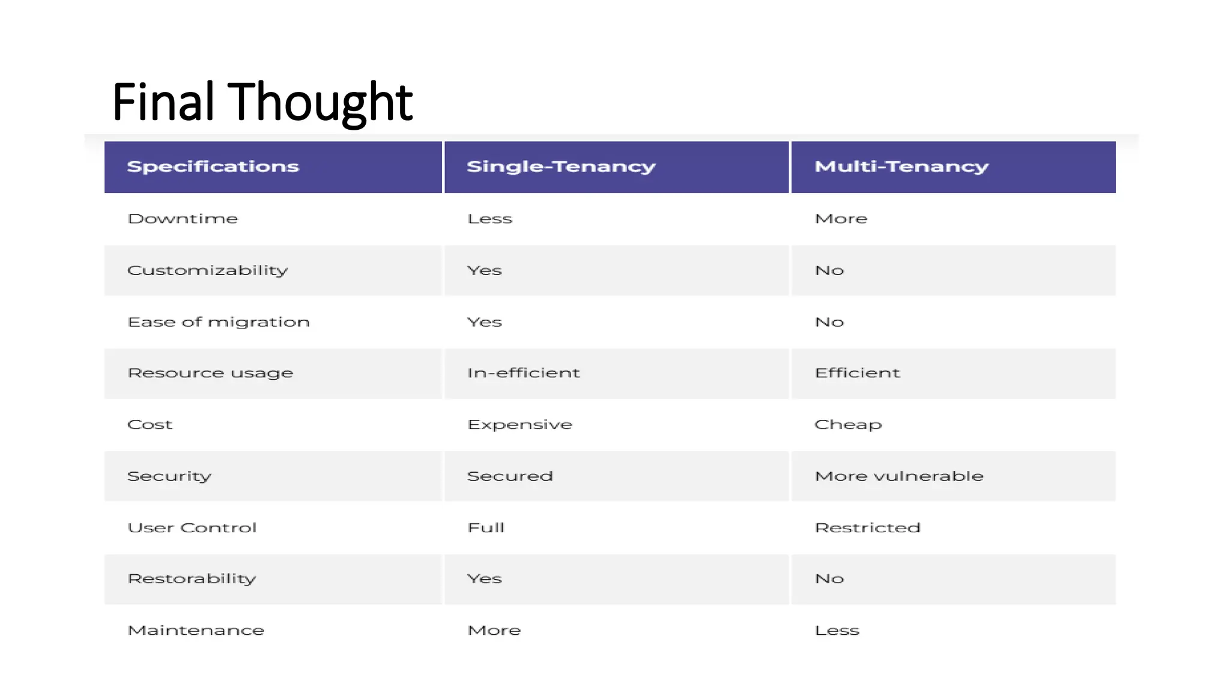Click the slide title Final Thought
pos(262,102)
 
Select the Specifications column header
pos(213,166)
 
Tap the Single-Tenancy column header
pos(561,166)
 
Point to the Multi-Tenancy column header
pos(901,166)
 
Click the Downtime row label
pos(183,219)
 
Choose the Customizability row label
pos(207,270)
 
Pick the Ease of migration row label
pos(219,322)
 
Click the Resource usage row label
pos(210,373)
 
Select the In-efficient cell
pos(524,373)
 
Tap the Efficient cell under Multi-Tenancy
pos(857,373)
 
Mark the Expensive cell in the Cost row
pos(520,425)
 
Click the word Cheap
pos(848,425)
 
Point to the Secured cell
pos(510,476)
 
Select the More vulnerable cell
pos(898,476)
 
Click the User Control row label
pos(192,527)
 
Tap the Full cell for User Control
pos(486,527)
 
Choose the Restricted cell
pos(867,527)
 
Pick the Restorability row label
pos(192,579)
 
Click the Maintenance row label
pos(196,630)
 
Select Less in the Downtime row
pos(489,219)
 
